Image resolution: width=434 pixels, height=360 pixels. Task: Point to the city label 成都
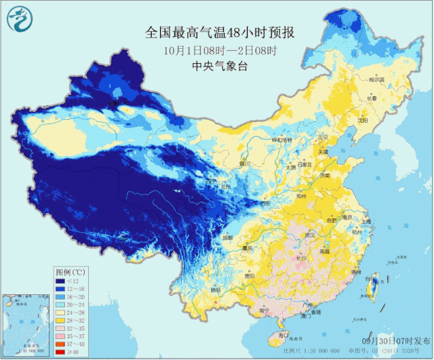pyautogui.click(x=227, y=238)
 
